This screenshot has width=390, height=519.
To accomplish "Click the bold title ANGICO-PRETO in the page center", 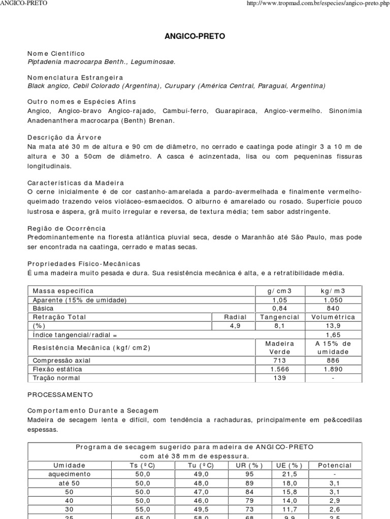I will pyautogui.click(x=195, y=36).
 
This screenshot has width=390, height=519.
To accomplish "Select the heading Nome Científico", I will pyautogui.click(x=56, y=53).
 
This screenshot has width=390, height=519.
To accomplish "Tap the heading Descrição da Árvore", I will pyautogui.click(x=64, y=137).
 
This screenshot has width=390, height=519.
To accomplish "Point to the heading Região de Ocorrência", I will pyautogui.click(x=67, y=229).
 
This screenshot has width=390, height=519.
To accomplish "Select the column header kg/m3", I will pyautogui.click(x=333, y=291).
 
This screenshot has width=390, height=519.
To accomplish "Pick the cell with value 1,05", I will pyautogui.click(x=280, y=300).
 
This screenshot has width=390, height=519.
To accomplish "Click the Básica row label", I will pyautogui.click(x=43, y=308).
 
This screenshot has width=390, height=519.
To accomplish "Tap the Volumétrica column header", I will pyautogui.click(x=333, y=317).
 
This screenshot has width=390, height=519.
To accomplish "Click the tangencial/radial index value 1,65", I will pyautogui.click(x=333, y=335).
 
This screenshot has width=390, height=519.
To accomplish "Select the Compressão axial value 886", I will pyautogui.click(x=333, y=360).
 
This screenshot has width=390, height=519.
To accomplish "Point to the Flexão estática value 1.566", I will pyautogui.click(x=280, y=369).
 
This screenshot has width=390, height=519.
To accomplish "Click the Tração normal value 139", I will pyautogui.click(x=280, y=378).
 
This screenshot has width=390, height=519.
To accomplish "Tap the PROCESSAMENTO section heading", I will pyautogui.click(x=60, y=394).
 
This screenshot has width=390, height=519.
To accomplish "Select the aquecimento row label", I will pyautogui.click(x=70, y=474).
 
